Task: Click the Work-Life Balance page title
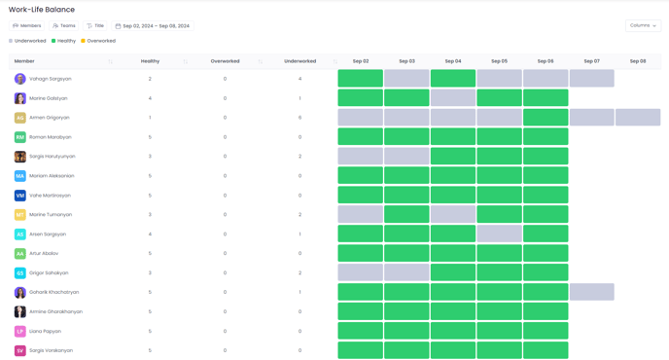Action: click(42, 10)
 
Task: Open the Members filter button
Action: click(27, 26)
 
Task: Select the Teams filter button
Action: click(64, 26)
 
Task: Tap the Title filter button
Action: click(95, 26)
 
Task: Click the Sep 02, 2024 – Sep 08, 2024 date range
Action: click(153, 26)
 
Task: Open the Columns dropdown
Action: click(643, 25)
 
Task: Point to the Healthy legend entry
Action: click(64, 41)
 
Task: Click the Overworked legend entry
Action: click(98, 41)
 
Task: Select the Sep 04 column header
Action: click(453, 61)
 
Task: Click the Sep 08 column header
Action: click(638, 61)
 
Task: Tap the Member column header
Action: click(24, 61)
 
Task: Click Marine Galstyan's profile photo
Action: click(20, 98)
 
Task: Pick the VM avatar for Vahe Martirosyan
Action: click(20, 196)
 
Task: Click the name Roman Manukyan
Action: click(50, 137)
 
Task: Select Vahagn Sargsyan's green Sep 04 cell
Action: click(453, 79)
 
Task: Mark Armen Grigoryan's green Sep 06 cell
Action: click(546, 118)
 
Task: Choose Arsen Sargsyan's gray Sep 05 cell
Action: click(500, 234)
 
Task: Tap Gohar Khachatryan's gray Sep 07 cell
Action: click(591, 292)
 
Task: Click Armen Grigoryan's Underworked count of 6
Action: click(299, 118)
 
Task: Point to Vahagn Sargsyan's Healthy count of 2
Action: click(150, 79)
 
